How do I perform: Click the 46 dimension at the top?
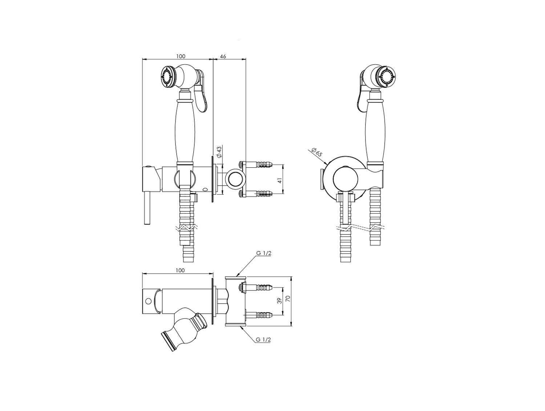pyautogui.click(x=223, y=56)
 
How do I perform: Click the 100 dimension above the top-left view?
pyautogui.click(x=181, y=56)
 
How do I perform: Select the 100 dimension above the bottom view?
pyautogui.click(x=180, y=270)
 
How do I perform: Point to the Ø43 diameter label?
pyautogui.click(x=219, y=152)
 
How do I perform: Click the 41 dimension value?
pyautogui.click(x=280, y=180)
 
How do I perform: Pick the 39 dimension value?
pyautogui.click(x=279, y=301)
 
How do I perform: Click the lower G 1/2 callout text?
pyautogui.click(x=263, y=339)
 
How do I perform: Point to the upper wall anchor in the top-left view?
pyautogui.click(x=256, y=165)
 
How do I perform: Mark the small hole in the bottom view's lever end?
pyautogui.click(x=148, y=301)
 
